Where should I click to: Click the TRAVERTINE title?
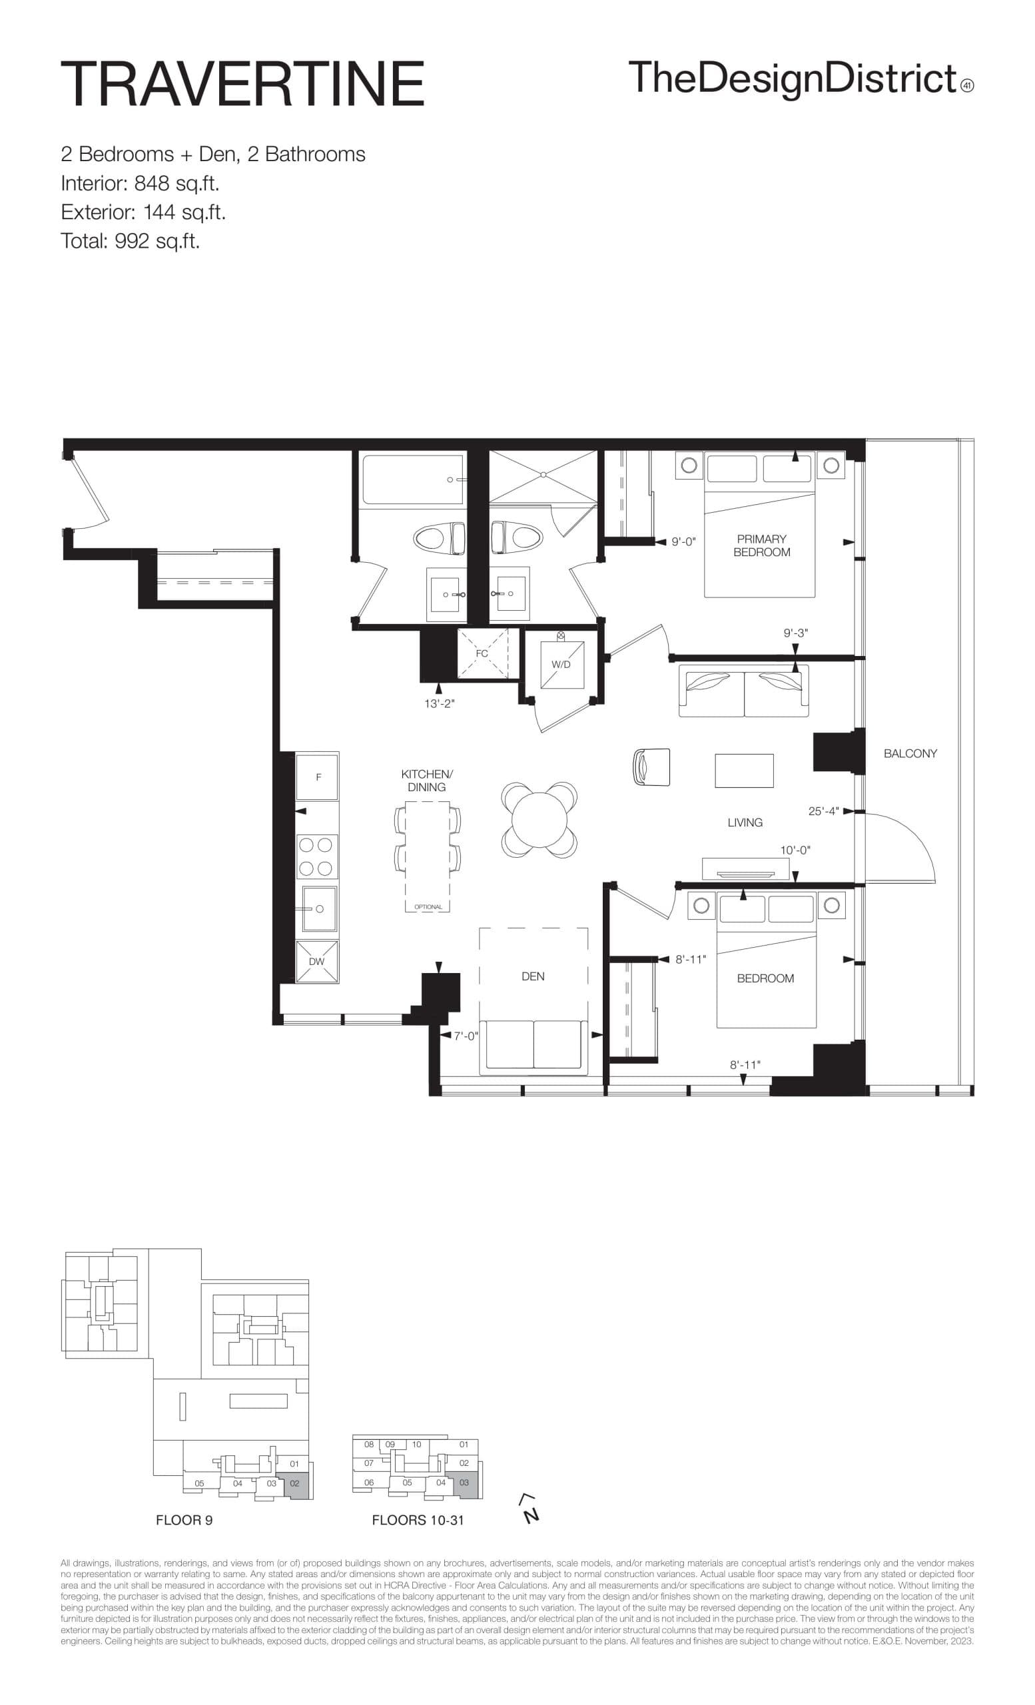[x=242, y=84]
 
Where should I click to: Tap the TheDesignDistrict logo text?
[x=792, y=78]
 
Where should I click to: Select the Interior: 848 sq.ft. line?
[x=140, y=183]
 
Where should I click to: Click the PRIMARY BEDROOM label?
[x=761, y=545]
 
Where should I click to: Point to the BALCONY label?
[x=910, y=753]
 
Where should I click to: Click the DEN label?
[x=533, y=976]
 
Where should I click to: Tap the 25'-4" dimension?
[x=823, y=811]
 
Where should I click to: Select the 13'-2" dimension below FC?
[x=440, y=704]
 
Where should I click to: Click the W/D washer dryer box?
[x=561, y=664]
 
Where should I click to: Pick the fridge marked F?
[x=318, y=777]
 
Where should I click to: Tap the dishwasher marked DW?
[x=316, y=961]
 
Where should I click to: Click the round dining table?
[x=539, y=821]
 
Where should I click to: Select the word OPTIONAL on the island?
[x=428, y=906]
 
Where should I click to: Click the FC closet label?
[x=482, y=653]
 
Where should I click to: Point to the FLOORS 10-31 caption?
[x=418, y=1521]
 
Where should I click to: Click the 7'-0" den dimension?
[x=466, y=1036]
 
